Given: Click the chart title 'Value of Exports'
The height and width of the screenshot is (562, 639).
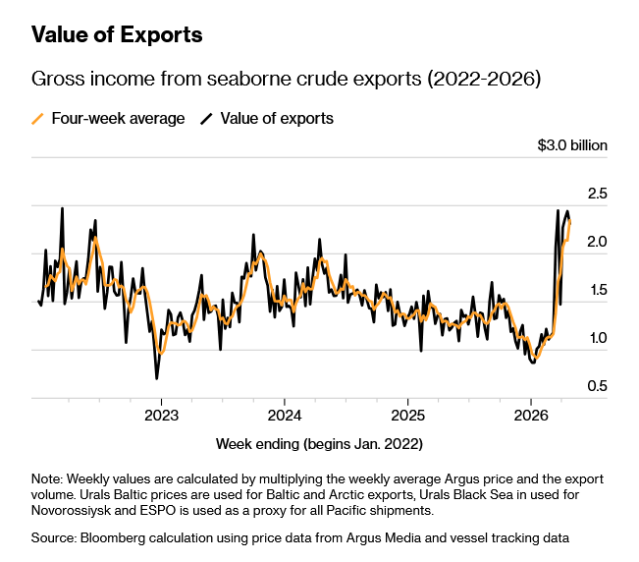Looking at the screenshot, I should tap(117, 35).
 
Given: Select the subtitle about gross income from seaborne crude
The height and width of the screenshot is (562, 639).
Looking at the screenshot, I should tap(286, 79).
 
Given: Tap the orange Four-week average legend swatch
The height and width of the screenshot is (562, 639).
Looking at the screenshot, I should tap(38, 119).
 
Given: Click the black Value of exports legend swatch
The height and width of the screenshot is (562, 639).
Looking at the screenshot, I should tap(207, 119).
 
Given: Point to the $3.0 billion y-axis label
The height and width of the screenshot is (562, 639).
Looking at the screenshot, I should tap(572, 145).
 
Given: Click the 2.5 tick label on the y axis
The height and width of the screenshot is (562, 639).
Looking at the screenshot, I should tap(597, 194).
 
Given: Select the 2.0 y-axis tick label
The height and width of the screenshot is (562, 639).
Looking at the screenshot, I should tap(597, 242).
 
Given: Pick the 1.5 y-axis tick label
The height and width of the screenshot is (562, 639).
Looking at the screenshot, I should tap(597, 290).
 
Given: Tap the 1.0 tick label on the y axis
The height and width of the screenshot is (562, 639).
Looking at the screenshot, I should tap(597, 338).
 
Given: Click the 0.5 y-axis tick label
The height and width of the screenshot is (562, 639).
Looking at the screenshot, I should tap(597, 386).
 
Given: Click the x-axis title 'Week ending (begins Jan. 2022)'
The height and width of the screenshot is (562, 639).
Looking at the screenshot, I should tap(319, 444).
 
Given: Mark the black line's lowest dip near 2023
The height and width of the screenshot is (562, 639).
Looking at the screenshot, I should tap(156, 378).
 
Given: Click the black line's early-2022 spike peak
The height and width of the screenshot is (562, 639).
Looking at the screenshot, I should tap(63, 208).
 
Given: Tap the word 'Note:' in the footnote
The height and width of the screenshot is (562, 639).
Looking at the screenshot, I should tap(47, 478).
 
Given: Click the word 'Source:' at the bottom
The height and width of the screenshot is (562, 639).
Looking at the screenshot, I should tap(55, 537).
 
